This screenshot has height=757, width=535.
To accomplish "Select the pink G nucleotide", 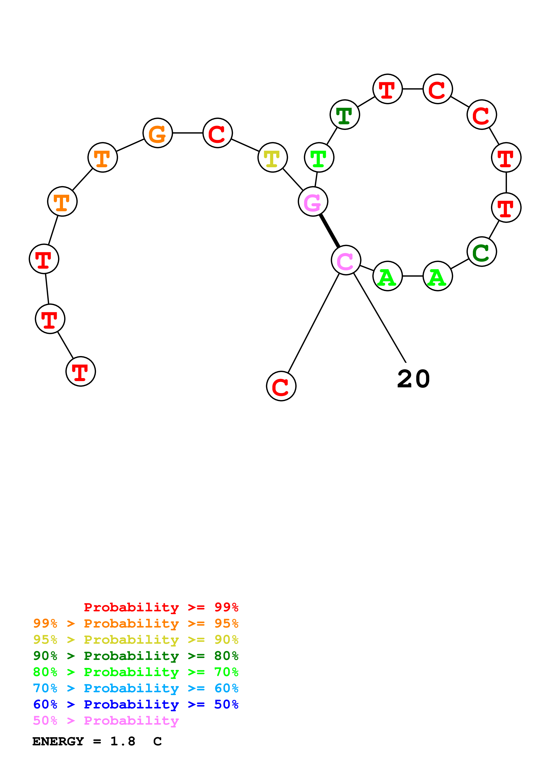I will (x=313, y=202).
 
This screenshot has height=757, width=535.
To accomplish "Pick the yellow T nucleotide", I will (x=273, y=157).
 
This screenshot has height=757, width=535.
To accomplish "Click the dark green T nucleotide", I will (x=345, y=115).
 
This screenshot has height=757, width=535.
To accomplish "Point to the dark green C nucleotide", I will (x=482, y=252).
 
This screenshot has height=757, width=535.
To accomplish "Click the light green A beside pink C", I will (x=388, y=276).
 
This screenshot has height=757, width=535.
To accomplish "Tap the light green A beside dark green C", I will (x=438, y=276).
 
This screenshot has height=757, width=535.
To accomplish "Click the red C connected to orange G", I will (x=218, y=133).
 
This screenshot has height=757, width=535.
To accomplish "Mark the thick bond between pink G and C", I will (x=329, y=231).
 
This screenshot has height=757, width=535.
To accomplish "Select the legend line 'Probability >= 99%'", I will (x=161, y=607).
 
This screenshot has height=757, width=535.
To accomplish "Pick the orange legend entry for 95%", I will (x=136, y=623).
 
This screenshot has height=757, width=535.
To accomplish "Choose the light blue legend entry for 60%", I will (x=136, y=688).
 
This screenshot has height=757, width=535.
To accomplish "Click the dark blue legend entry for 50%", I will (x=136, y=704).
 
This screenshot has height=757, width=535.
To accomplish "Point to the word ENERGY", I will (x=58, y=741).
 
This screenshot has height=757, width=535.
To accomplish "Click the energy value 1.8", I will (x=123, y=741).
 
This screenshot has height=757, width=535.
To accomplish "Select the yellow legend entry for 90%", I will (x=136, y=640).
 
